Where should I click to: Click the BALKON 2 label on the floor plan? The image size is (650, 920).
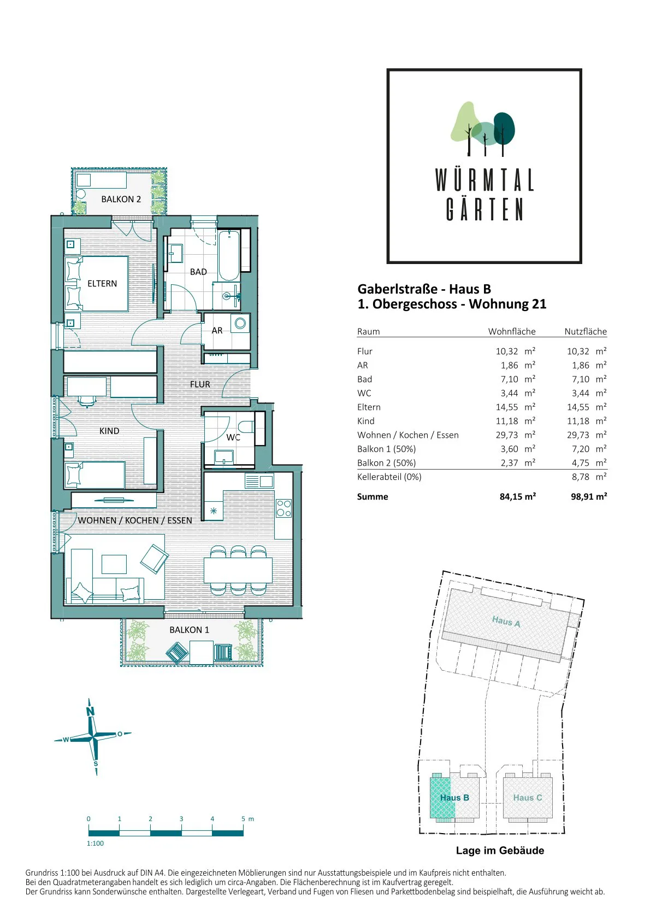pyautogui.click(x=121, y=199)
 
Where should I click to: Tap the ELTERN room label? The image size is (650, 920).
pyautogui.click(x=102, y=283)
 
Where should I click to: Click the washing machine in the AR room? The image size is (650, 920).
pyautogui.click(x=240, y=323)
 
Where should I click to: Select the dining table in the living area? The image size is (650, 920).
pyautogui.click(x=238, y=570)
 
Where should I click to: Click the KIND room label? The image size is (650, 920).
pyautogui.click(x=109, y=431)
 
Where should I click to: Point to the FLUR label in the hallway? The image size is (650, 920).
pyautogui.click(x=200, y=384)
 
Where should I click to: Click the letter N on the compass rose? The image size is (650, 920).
pyautogui.click(x=90, y=711)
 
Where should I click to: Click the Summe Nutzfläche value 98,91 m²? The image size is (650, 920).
pyautogui.click(x=589, y=496)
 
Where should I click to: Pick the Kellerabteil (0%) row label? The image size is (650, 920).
pyautogui.click(x=389, y=477)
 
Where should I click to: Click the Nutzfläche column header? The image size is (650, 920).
pyautogui.click(x=586, y=331)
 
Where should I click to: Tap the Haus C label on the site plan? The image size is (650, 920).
pyautogui.click(x=527, y=798)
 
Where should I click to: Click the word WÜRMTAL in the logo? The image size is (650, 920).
pyautogui.click(x=484, y=180)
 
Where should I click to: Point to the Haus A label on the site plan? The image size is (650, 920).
pyautogui.click(x=506, y=622)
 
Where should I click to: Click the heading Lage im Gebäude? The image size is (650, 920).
pyautogui.click(x=500, y=851)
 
